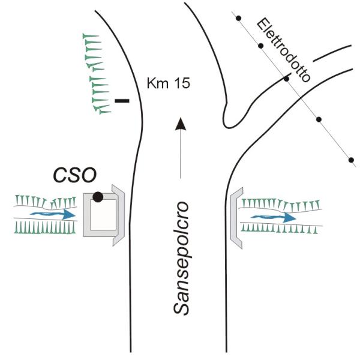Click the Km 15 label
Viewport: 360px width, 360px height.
169,83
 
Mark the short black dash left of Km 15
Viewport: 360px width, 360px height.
122,101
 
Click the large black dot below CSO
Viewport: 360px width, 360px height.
98,196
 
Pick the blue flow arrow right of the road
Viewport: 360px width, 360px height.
274,218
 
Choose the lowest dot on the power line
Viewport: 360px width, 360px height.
350,160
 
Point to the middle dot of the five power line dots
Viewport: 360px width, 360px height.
287,78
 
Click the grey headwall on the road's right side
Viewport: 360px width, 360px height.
235,217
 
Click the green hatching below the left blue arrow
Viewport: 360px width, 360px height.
45,227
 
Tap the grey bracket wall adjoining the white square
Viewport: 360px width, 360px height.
118,215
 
